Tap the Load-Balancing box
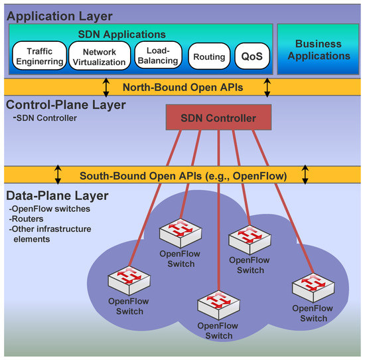(157, 56)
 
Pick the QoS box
(252, 57)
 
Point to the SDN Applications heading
(140, 34)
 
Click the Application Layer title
(59, 15)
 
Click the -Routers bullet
(25, 220)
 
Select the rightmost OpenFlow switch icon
(309, 288)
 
